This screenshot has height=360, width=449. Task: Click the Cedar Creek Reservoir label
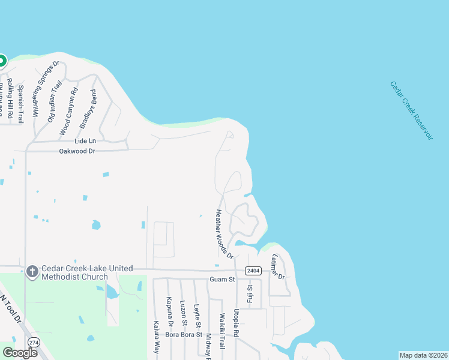(x=412, y=110)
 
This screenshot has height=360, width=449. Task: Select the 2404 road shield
(x=253, y=271)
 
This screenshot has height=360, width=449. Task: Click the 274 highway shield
(x=34, y=342)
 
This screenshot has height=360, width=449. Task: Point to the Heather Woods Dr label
(x=224, y=234)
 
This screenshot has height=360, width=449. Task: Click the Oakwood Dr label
(x=77, y=151)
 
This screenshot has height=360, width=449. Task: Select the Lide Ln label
(x=85, y=141)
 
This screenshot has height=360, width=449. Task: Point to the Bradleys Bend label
(x=88, y=109)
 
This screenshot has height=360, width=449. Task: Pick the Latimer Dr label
(x=277, y=266)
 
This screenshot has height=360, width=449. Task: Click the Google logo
(x=20, y=353)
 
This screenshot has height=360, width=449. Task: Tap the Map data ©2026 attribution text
(x=423, y=355)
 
